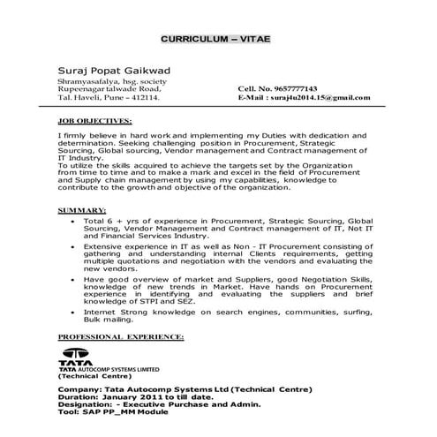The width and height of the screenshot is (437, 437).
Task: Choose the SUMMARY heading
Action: pyautogui.click(x=83, y=209)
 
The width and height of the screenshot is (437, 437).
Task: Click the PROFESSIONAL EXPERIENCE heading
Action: pyautogui.click(x=120, y=337)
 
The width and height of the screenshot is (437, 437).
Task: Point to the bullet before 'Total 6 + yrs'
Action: pyautogui.click(x=72, y=221)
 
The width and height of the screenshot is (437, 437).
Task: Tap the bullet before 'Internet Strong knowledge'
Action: pyautogui.click(x=72, y=311)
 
